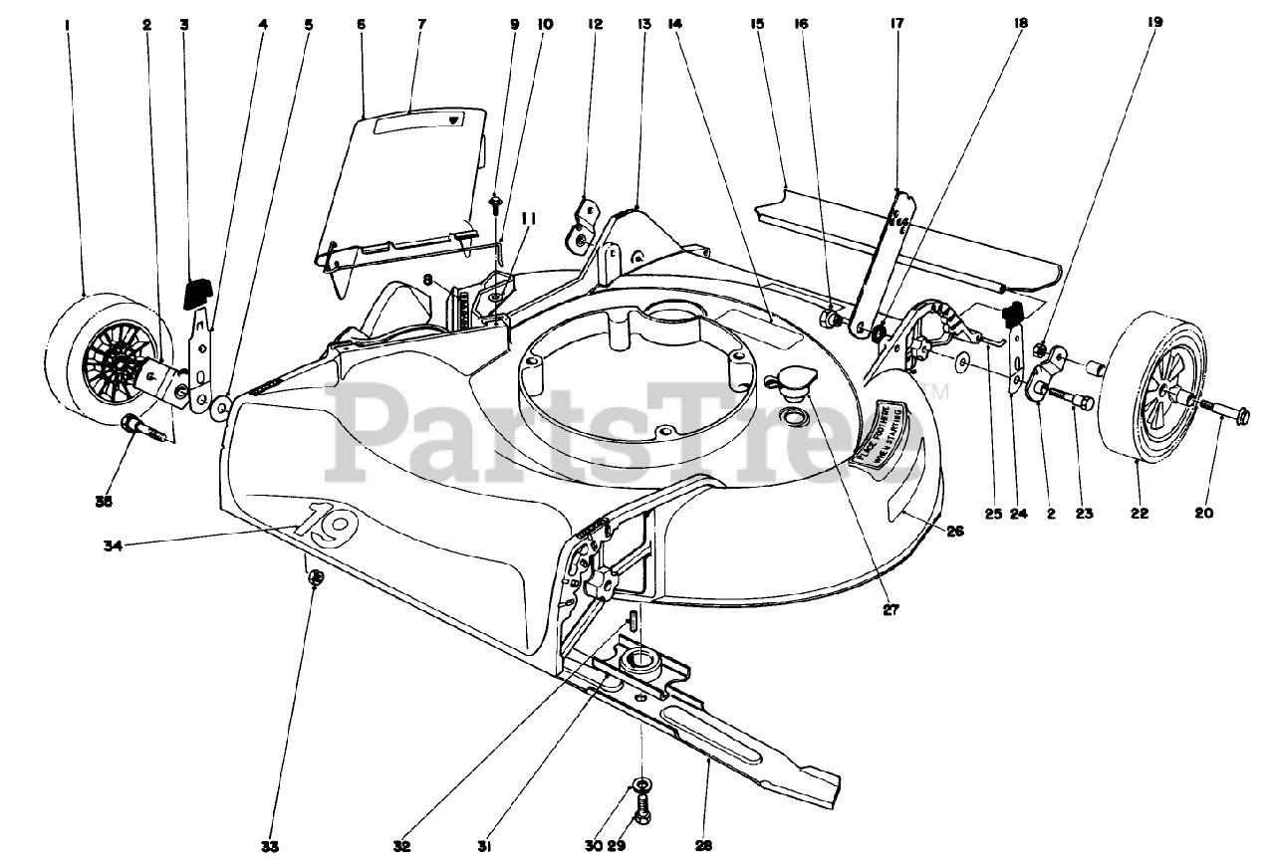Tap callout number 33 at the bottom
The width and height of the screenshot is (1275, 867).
(270, 847)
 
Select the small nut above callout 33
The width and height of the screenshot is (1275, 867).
(315, 576)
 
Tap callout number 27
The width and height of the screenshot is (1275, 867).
(892, 610)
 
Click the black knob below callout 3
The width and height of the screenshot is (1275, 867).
(198, 293)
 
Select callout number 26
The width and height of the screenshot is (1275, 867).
(954, 531)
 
